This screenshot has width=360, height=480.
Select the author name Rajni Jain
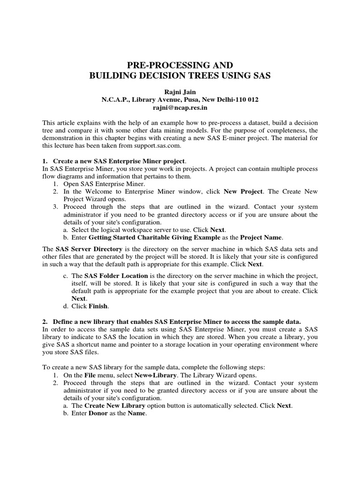pyautogui.click(x=180, y=92)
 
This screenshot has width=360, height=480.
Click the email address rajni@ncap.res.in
pyautogui.click(x=180, y=107)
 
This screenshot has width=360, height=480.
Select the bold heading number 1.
pyautogui.click(x=45, y=161)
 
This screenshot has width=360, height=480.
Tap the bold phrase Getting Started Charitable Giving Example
pyautogui.click(x=154, y=238)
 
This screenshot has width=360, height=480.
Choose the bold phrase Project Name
pyautogui.click(x=263, y=238)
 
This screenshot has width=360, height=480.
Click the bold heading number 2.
pyautogui.click(x=45, y=321)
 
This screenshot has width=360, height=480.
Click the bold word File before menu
pyautogui.click(x=90, y=376)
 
